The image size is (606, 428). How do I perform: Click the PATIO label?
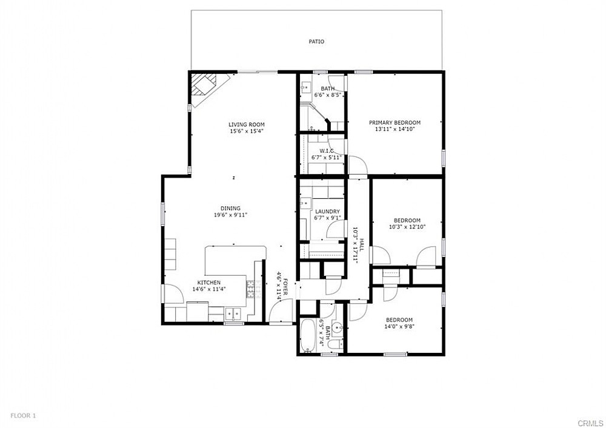click(316, 42)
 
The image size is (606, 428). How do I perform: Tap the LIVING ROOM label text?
click(247, 124)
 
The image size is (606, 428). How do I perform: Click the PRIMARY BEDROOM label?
click(395, 122)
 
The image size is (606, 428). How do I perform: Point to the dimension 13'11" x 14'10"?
click(395, 129)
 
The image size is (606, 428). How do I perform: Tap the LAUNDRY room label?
click(327, 211)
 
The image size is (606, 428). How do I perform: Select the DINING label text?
click(230, 208)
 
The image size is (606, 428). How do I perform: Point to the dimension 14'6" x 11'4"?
click(209, 289)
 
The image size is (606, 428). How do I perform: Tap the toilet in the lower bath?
click(333, 345)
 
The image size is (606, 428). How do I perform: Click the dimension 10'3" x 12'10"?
click(407, 227)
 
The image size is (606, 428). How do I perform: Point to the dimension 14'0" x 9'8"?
click(399, 326)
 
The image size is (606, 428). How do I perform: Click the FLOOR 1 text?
click(23, 416)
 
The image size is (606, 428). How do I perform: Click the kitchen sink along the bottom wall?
click(233, 313)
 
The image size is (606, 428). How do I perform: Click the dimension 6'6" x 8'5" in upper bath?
click(327, 95)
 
